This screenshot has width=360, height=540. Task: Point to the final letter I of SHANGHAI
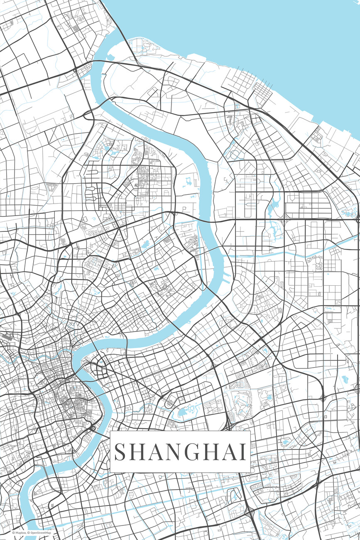pyautogui.click(x=242, y=452)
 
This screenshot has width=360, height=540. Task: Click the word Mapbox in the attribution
pyautogui.click(x=20, y=533)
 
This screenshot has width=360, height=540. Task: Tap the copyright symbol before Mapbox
pyautogui.click(x=13, y=533)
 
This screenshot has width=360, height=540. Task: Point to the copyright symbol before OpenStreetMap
pyautogui.click(x=29, y=533)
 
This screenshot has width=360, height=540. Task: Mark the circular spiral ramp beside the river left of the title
pyautogui.click(x=93, y=428)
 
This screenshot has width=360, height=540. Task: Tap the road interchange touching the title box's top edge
pyautogui.click(x=228, y=427)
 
